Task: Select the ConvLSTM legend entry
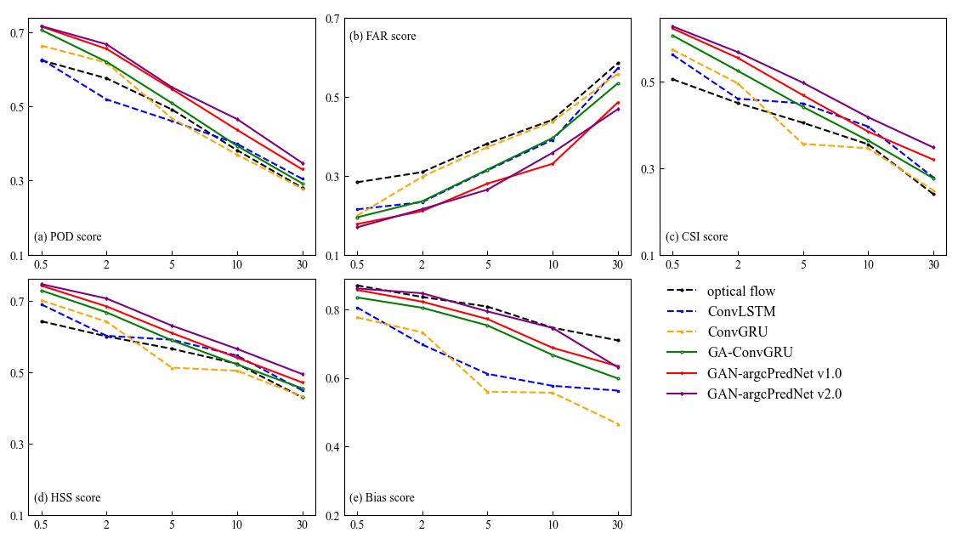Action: [x=741, y=311]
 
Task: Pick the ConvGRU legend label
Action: [x=739, y=331]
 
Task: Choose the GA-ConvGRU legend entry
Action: [x=750, y=352]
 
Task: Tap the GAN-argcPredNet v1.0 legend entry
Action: [x=774, y=372]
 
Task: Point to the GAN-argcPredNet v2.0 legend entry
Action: [x=774, y=394]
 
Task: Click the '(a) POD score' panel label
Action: [x=67, y=237]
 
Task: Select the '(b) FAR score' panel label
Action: [x=383, y=37]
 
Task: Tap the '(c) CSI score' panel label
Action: [x=697, y=237]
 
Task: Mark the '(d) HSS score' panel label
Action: [x=67, y=498]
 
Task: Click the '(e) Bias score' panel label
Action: [x=382, y=498]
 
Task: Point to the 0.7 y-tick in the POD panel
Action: [x=16, y=33]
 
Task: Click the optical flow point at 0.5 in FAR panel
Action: [x=357, y=182]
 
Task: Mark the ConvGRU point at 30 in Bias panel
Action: [x=618, y=424]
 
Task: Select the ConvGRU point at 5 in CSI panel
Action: [x=802, y=144]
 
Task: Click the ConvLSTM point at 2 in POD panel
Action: [x=106, y=99]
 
